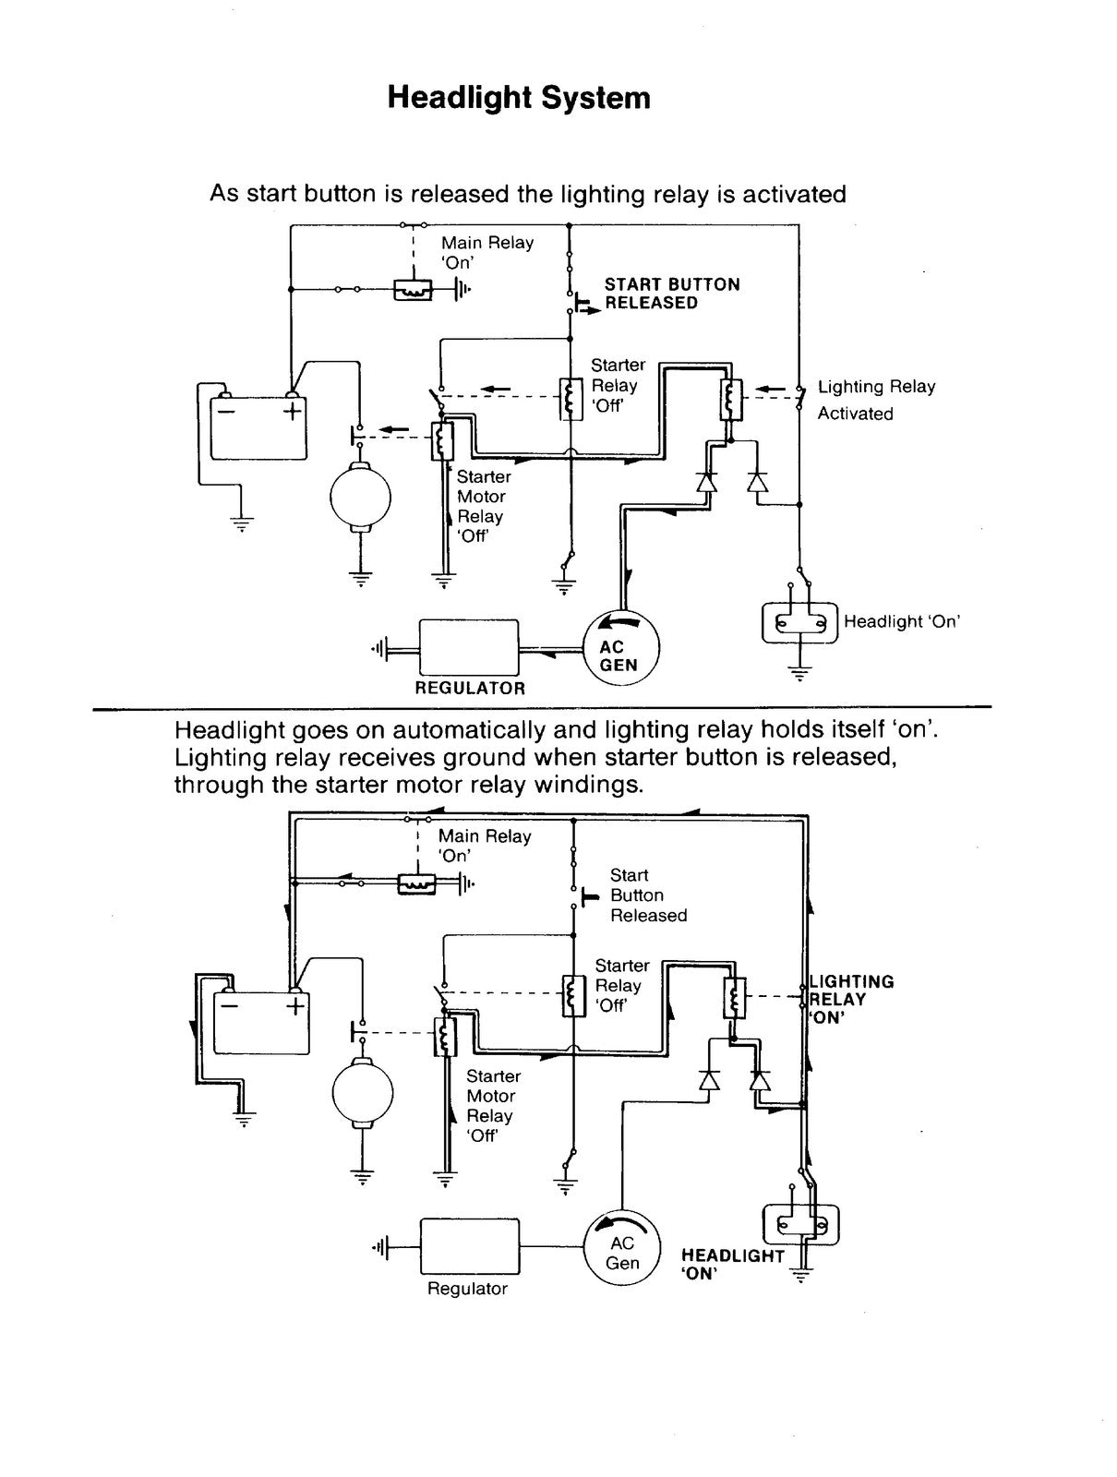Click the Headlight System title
519,98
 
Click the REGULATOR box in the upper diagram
468,647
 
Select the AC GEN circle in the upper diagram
620,648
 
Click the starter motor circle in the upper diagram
360,497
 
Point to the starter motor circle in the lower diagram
363,1093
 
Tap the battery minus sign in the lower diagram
230,1006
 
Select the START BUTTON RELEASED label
671,294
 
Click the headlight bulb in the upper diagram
799,623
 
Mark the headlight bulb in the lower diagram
800,1225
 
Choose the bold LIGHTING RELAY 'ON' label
851,999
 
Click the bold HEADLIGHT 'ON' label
733,1265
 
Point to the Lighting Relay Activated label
876,400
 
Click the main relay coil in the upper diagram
412,290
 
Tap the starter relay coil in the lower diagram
574,995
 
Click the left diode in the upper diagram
706,482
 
